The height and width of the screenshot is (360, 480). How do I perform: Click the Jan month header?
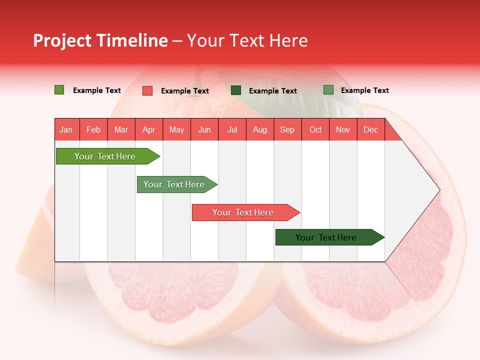[x=66, y=129]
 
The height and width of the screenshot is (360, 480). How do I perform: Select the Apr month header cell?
[x=149, y=129]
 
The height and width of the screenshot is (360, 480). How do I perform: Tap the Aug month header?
[x=260, y=129]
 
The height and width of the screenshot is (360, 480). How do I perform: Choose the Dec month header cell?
[x=370, y=129]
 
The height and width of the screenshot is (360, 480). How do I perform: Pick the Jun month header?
[x=204, y=129]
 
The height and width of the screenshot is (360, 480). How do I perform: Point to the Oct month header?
[x=315, y=129]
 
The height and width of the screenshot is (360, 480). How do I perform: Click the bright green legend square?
[x=59, y=90]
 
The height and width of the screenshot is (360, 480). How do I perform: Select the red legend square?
[x=147, y=90]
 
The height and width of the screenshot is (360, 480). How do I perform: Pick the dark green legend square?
[x=236, y=90]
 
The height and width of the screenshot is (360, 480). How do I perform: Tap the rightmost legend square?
[x=328, y=90]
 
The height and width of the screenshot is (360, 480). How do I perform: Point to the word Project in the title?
[x=62, y=40]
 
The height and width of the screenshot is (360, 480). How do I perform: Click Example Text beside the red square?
[x=185, y=91]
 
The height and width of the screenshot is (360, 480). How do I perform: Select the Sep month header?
[x=287, y=129]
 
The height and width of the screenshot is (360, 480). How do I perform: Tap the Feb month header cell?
[x=93, y=129]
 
